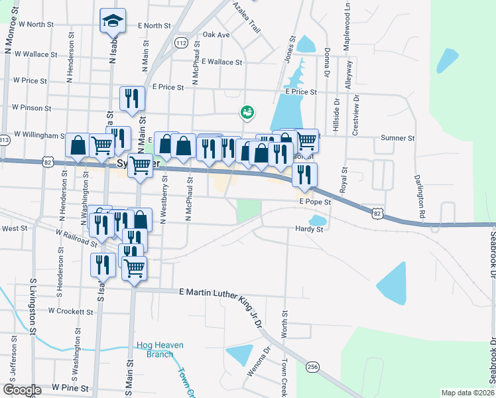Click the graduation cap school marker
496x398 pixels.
(113, 21)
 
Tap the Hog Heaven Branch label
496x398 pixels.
(160, 350)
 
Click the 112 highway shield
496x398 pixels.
(182, 42)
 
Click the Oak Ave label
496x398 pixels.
(216, 34)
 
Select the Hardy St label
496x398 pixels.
(309, 230)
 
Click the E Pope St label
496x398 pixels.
(314, 201)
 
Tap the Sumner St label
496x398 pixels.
(397, 139)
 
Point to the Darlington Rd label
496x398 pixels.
(420, 198)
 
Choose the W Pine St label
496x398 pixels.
(70, 387)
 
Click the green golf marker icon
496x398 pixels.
(247, 113)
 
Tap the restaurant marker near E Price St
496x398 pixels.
(131, 98)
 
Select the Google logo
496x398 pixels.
(21, 390)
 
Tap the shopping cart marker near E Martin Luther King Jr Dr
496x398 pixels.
(134, 268)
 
